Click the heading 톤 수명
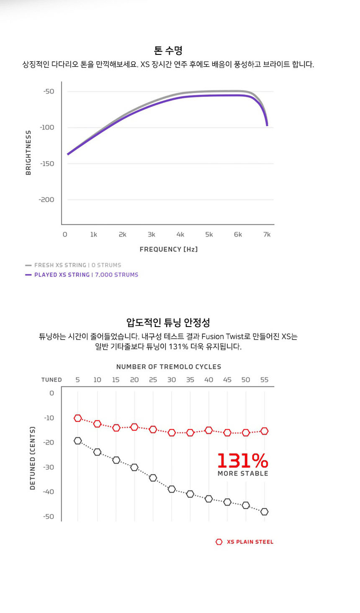point(168,51)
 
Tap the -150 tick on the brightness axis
point(47,164)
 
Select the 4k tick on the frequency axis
point(180,234)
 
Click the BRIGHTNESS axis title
point(28,152)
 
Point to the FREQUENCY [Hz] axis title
point(169,249)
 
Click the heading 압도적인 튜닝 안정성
point(168,322)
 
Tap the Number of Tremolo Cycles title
point(169,367)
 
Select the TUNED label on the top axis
point(51,380)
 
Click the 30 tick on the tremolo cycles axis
point(172,380)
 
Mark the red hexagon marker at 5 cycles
point(77,418)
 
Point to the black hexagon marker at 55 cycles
point(264,512)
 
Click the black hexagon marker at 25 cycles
point(153,478)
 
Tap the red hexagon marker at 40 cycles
point(208,430)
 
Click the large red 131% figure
point(243,461)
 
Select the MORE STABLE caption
point(243,474)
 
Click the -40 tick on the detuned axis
point(49,492)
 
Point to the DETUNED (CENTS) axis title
point(33,458)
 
